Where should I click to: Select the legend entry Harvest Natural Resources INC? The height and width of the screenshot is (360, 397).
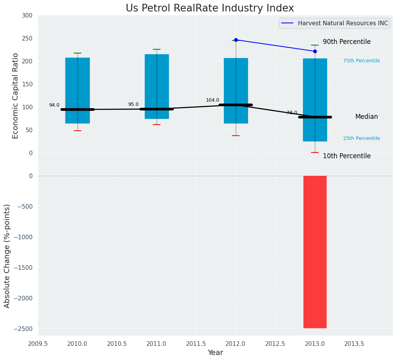343,23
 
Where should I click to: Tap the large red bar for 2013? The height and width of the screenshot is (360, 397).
315,252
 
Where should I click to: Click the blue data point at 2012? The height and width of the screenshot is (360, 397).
236,40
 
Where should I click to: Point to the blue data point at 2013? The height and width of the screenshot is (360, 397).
315,51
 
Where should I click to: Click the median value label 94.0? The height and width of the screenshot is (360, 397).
54,105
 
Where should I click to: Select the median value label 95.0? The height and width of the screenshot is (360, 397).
133,104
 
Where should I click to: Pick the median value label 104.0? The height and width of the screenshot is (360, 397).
212,100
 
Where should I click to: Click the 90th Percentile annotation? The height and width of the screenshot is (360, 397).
347,42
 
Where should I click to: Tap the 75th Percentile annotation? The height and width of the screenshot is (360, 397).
361,61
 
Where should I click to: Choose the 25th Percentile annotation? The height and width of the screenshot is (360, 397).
361,138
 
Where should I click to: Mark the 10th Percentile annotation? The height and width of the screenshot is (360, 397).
347,156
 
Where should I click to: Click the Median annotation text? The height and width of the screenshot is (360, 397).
366,117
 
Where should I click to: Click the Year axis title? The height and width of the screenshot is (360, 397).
215,353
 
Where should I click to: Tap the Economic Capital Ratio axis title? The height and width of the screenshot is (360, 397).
16,96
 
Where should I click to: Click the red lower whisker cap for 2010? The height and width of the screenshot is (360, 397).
78,131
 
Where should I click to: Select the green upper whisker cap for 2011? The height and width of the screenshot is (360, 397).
157,49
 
